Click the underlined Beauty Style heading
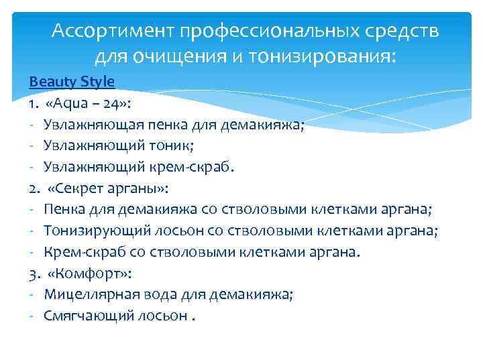(x=72, y=82)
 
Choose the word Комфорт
(x=90, y=273)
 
